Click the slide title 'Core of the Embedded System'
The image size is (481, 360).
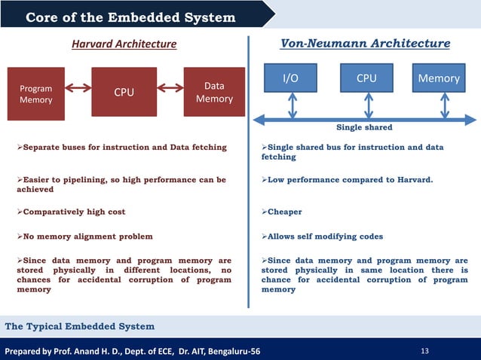click(x=130, y=17)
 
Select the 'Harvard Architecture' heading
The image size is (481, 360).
click(x=124, y=44)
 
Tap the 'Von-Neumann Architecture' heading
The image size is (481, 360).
click(x=365, y=44)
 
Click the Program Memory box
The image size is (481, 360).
click(x=36, y=94)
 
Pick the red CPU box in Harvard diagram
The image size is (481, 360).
click(x=124, y=93)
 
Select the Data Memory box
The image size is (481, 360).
click(x=214, y=93)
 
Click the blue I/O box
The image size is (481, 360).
click(x=290, y=78)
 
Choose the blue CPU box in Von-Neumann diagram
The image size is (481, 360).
click(x=366, y=78)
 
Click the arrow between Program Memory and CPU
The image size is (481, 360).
click(x=78, y=88)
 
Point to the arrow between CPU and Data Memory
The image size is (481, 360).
click(x=170, y=88)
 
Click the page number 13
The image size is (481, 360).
click(x=427, y=350)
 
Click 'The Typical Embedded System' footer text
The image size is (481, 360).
click(x=80, y=326)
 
